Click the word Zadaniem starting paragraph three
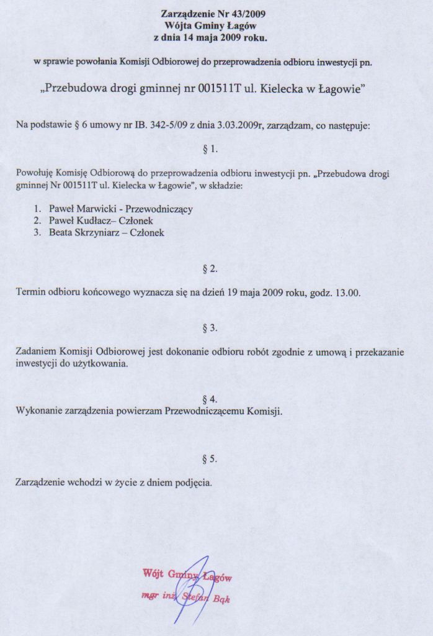[37, 352]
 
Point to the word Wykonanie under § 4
[37, 411]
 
